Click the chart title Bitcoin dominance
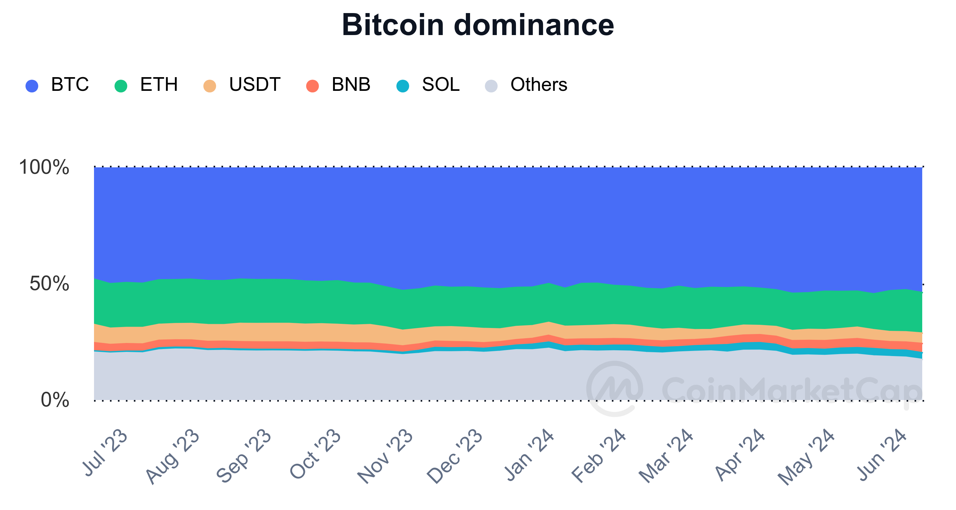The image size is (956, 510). point(478,25)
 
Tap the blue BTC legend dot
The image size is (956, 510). point(32,86)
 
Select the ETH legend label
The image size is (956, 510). point(159,85)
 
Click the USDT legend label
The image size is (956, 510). point(255,85)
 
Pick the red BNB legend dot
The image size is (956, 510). point(313,86)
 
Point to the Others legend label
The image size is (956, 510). point(539,85)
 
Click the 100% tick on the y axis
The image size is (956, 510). point(44,167)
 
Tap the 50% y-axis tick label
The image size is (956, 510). point(49,284)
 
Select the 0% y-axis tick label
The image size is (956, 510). point(55,400)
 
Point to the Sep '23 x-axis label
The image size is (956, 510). point(244,456)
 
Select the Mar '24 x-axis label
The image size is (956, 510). point(666,456)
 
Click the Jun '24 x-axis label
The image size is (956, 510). point(881,455)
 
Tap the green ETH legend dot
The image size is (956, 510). point(121,86)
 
